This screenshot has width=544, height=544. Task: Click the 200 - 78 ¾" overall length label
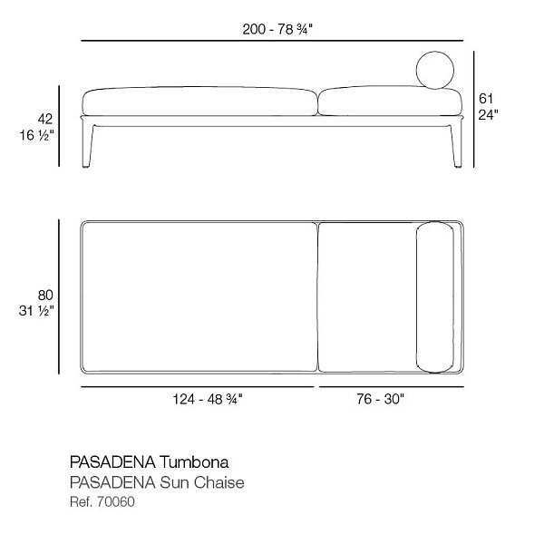pyautogui.click(x=277, y=29)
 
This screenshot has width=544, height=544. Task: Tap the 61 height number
pyautogui.click(x=486, y=99)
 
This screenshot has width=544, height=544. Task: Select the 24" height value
pyautogui.click(x=488, y=114)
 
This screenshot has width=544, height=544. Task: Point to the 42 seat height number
pyautogui.click(x=45, y=119)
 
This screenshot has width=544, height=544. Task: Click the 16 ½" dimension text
pyautogui.click(x=36, y=135)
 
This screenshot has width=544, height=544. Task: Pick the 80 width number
pyautogui.click(x=45, y=296)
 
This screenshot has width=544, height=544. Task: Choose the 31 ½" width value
pyautogui.click(x=36, y=311)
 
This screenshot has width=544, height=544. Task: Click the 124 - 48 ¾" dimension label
pyautogui.click(x=208, y=399)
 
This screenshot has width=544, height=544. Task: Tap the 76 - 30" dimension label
pyautogui.click(x=381, y=399)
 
